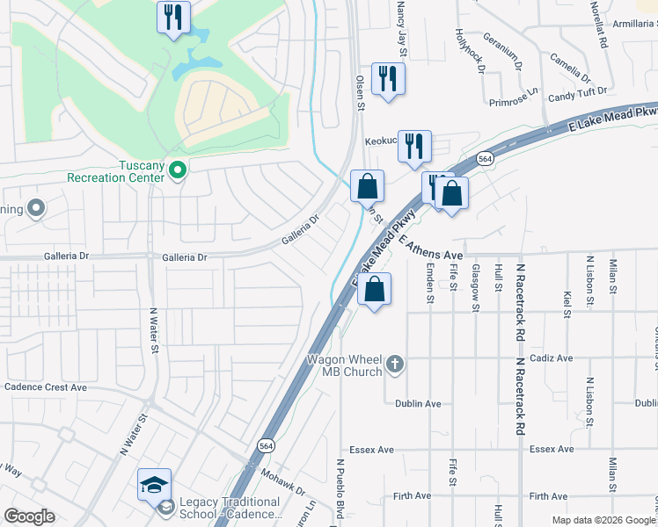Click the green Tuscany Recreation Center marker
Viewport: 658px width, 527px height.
pyautogui.click(x=178, y=169)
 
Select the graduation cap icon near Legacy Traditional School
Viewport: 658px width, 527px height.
pyautogui.click(x=154, y=485)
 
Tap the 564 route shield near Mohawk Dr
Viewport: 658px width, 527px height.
pyautogui.click(x=264, y=446)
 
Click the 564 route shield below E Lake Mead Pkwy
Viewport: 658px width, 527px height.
pyautogui.click(x=486, y=159)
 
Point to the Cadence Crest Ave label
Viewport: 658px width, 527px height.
pyautogui.click(x=46, y=386)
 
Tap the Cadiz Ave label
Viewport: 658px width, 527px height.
pyautogui.click(x=552, y=358)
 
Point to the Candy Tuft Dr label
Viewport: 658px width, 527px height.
pyautogui.click(x=577, y=91)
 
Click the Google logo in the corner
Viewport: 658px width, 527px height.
pyautogui.click(x=30, y=516)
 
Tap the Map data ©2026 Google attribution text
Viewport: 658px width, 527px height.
pyautogui.click(x=603, y=520)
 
